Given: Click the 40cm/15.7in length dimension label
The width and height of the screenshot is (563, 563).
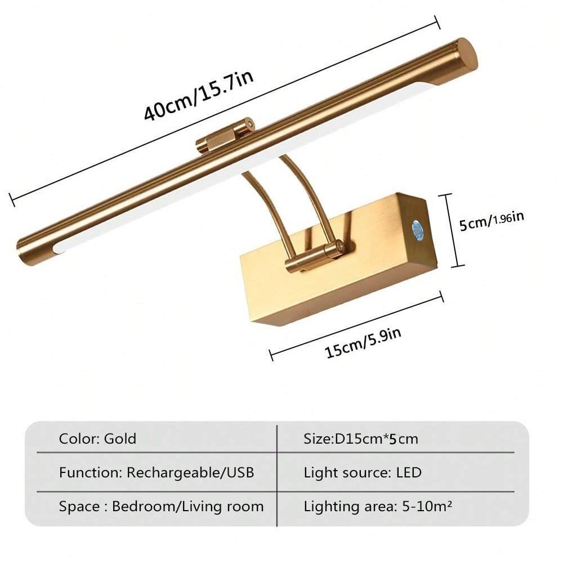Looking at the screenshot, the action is click(x=199, y=95).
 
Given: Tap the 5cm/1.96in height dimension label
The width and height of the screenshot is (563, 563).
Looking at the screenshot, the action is click(x=491, y=221).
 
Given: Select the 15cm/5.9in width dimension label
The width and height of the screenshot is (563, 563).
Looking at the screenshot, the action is click(x=363, y=342).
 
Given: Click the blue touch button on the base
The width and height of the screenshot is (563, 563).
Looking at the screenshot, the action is click(x=417, y=229).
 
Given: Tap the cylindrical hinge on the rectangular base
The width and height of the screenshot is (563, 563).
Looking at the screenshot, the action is click(x=314, y=257).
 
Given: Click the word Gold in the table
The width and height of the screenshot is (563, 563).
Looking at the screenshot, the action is click(x=120, y=439).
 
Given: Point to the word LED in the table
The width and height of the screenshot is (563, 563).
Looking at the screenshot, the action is click(x=409, y=472).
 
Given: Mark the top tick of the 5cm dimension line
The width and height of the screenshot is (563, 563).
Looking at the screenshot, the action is click(x=445, y=194).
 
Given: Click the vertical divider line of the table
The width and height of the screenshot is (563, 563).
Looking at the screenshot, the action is click(x=277, y=476).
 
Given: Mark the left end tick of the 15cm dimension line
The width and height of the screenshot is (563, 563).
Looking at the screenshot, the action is click(x=271, y=355).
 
